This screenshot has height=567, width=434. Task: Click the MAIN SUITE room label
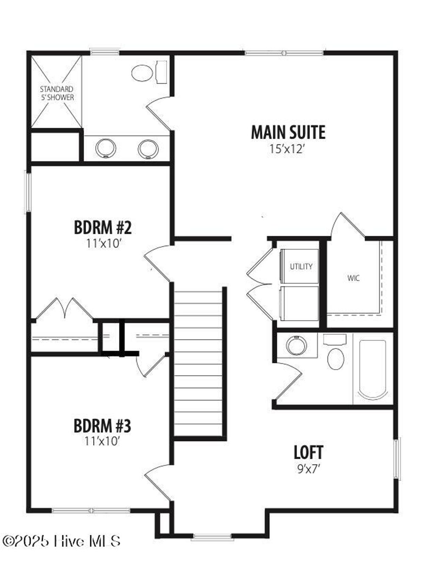288,133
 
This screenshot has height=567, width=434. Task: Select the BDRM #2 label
103,228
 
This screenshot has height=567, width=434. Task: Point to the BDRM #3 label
102,426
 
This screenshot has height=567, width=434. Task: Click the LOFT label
308,452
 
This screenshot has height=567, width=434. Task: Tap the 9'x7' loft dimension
308,469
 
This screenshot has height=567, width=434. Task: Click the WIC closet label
353,279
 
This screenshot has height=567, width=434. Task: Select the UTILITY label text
301,266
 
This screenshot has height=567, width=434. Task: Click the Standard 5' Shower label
57,93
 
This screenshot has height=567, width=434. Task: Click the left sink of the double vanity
106,149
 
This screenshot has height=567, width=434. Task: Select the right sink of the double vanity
148,149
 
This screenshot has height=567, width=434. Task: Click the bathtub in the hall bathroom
373,369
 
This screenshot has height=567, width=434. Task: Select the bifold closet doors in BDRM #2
64,308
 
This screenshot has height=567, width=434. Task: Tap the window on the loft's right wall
397,459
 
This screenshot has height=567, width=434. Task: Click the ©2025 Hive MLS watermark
62,541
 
